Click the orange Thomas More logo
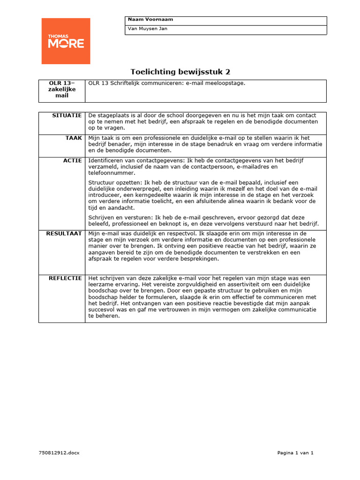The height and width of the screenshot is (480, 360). (x=66, y=41)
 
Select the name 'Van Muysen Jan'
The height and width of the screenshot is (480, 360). (x=147, y=29)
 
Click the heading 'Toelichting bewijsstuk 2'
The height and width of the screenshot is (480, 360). (x=180, y=72)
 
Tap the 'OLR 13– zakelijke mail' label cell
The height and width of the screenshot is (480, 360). (x=61, y=89)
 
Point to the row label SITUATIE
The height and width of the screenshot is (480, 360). (x=67, y=115)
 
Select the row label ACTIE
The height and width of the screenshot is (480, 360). (x=72, y=161)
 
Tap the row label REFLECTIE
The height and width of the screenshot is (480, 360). (x=65, y=278)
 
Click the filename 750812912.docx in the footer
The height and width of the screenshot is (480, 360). (x=60, y=453)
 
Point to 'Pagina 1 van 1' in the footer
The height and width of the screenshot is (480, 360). (x=295, y=453)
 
